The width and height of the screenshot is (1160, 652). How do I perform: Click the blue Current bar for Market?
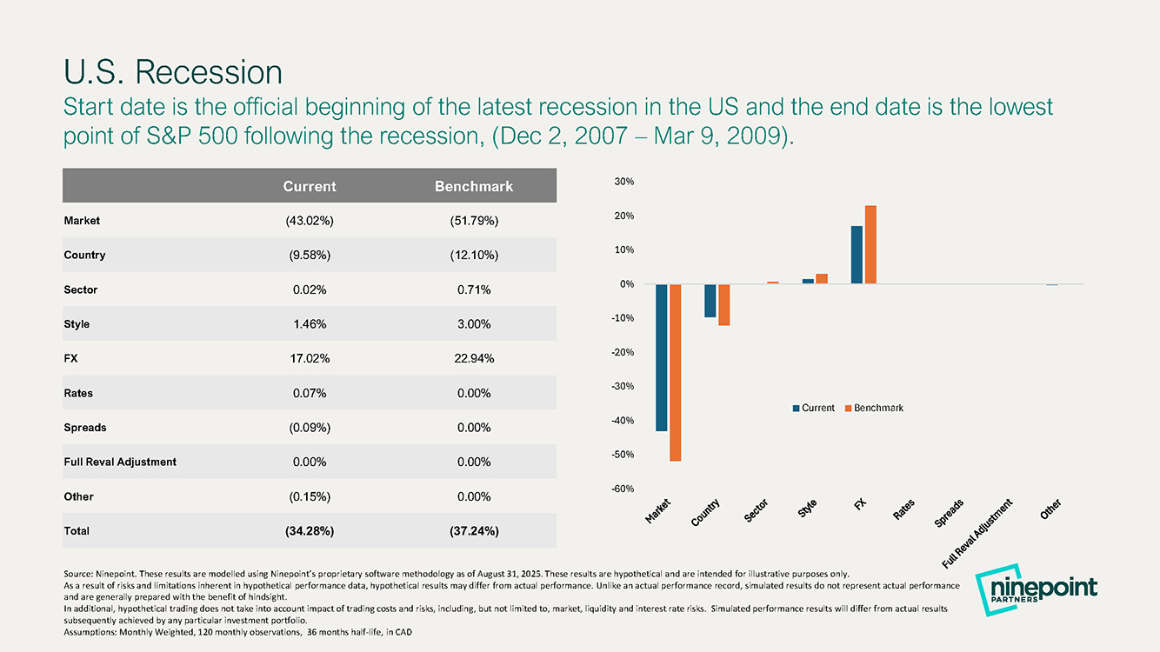(661, 357)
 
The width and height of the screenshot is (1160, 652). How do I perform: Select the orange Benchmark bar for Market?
(676, 372)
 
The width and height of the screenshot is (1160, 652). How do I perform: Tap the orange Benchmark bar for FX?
(870, 244)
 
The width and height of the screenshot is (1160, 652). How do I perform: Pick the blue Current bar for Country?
(710, 301)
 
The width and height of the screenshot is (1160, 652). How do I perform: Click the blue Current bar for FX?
(857, 255)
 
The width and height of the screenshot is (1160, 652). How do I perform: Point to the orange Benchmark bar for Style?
(822, 278)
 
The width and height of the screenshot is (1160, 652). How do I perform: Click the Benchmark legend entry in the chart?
(874, 408)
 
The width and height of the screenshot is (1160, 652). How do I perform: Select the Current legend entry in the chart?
(814, 408)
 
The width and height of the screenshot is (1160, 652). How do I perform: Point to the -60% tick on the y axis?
(623, 489)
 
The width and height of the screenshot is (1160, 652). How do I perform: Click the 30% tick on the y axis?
(624, 181)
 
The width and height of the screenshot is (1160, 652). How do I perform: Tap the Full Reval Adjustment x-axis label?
(977, 534)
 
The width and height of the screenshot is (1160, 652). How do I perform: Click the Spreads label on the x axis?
(949, 513)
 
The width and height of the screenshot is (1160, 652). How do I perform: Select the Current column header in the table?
(310, 186)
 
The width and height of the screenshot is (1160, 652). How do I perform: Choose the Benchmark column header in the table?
(474, 186)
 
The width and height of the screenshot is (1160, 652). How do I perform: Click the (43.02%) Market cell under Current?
(310, 221)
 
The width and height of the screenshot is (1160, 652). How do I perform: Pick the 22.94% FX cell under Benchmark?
(474, 358)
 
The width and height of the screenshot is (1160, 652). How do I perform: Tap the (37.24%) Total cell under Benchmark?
(474, 531)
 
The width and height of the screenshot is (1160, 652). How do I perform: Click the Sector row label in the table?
(80, 289)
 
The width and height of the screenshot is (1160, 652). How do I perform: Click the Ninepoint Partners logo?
(1036, 590)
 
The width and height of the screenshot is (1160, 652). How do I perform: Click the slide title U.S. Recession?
(173, 71)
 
